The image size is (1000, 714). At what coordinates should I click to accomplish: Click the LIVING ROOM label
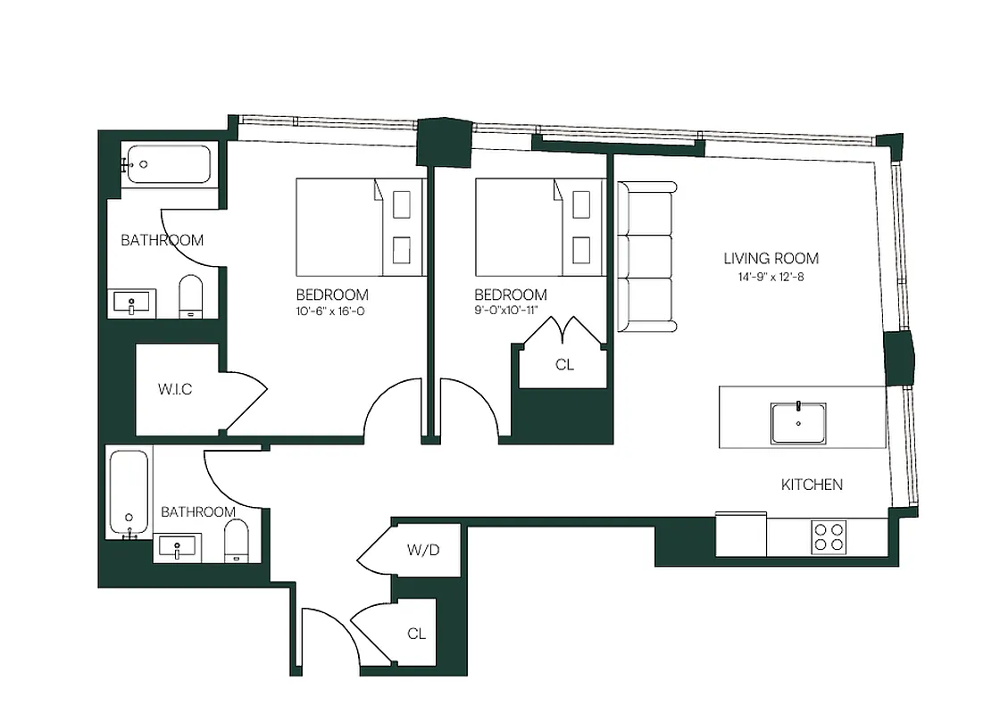[771, 259]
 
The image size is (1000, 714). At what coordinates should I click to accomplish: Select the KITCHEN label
[812, 485]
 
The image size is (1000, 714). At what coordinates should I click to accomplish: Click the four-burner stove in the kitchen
[829, 537]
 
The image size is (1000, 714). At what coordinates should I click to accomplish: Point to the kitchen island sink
[798, 423]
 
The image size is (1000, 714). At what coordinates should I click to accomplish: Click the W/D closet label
[423, 550]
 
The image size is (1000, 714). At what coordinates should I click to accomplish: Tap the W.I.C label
[175, 389]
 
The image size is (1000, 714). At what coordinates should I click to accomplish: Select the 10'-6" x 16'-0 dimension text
[332, 311]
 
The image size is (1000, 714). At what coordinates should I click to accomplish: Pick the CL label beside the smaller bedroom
[564, 364]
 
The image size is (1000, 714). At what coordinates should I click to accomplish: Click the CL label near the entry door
[416, 634]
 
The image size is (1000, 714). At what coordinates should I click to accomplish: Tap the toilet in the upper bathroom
[192, 296]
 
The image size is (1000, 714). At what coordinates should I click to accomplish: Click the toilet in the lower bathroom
[237, 542]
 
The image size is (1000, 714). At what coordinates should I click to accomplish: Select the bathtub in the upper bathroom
[167, 164]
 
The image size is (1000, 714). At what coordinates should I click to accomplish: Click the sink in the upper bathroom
[132, 303]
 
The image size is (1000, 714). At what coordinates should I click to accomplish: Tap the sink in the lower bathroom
[179, 547]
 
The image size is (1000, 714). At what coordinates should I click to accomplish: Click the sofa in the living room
[646, 257]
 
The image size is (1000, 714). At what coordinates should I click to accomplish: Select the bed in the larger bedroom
[358, 227]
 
